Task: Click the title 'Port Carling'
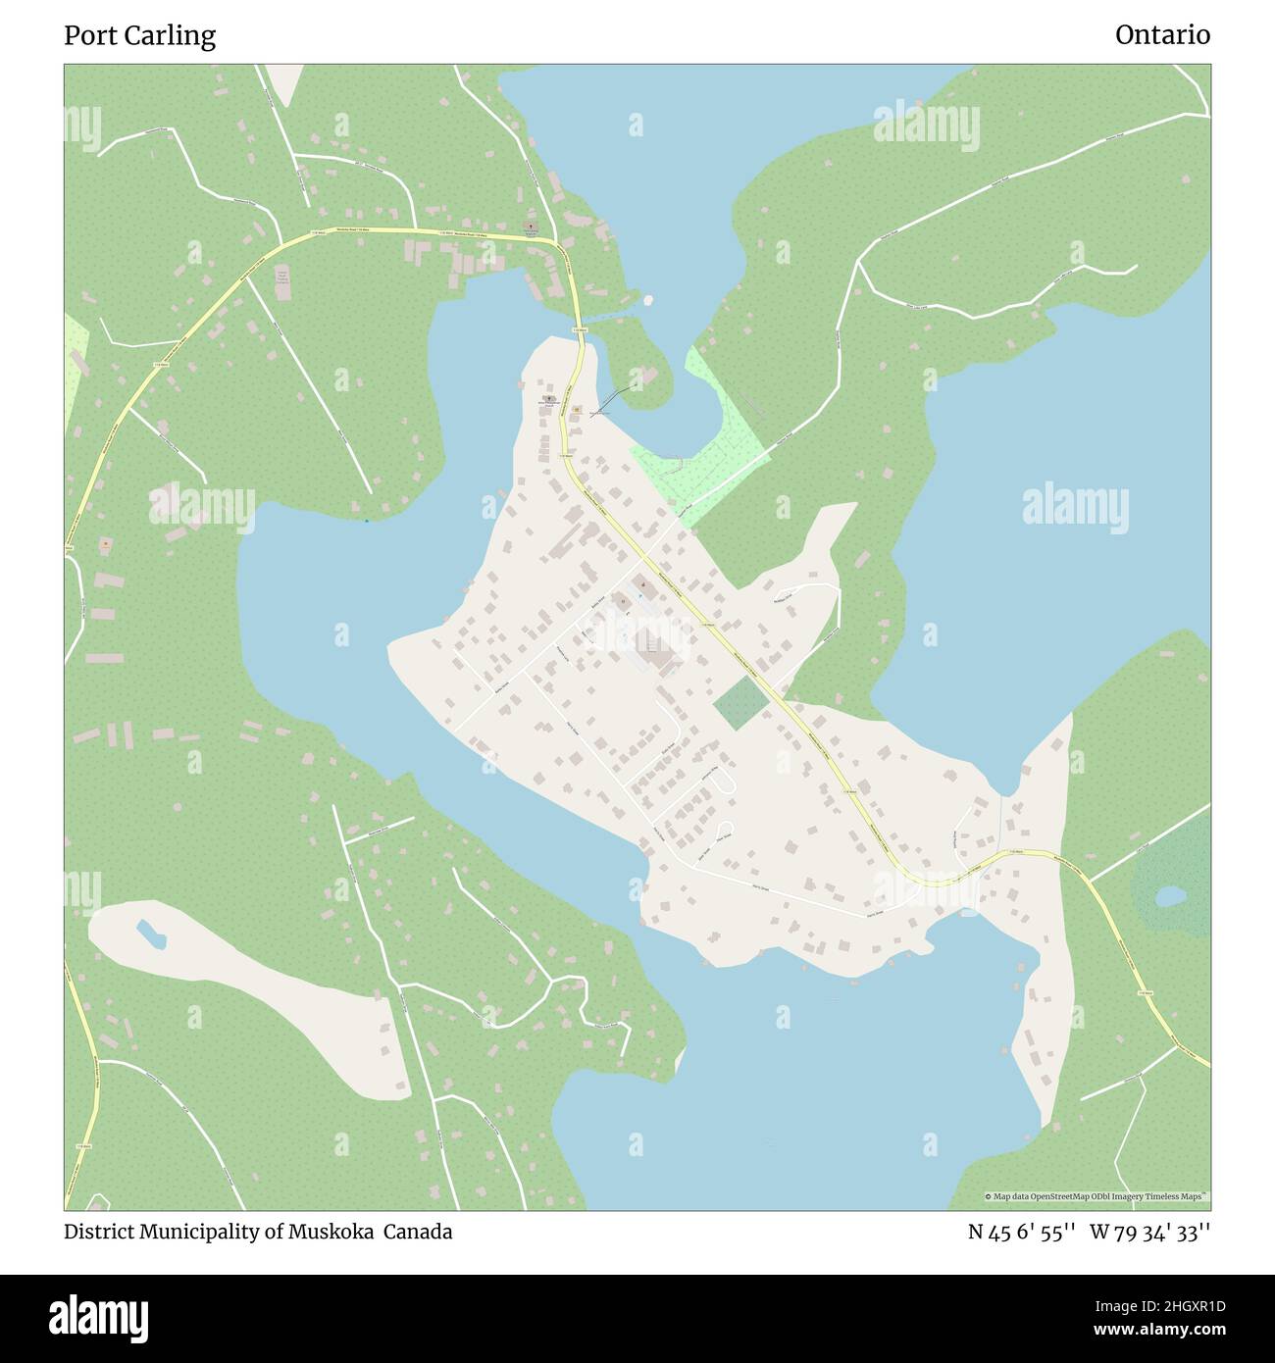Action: (x=139, y=35)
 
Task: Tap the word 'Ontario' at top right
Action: (x=1162, y=35)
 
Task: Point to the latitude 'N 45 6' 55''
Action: (x=1022, y=1232)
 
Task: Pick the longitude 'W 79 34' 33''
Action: (x=1149, y=1232)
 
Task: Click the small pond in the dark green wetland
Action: (x=1168, y=896)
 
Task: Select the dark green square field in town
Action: (x=739, y=703)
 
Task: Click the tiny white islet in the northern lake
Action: (x=646, y=300)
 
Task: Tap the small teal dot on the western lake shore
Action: (x=367, y=521)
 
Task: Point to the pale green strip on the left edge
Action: (x=75, y=373)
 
